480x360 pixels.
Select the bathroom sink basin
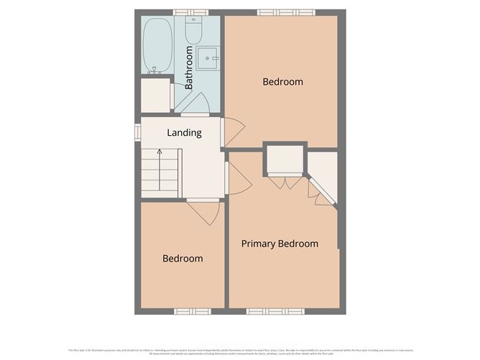208,58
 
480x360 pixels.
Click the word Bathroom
189,68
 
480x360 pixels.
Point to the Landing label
184,133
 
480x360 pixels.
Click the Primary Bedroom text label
280,244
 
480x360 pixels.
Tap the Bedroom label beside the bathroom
282,82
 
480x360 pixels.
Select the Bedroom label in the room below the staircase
182,259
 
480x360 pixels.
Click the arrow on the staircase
160,153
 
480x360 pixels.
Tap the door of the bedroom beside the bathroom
233,132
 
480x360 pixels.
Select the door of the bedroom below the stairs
203,211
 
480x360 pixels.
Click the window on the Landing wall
137,133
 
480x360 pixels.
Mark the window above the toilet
191,12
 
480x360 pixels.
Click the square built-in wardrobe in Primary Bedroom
285,160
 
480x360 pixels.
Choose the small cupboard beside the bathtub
154,96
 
